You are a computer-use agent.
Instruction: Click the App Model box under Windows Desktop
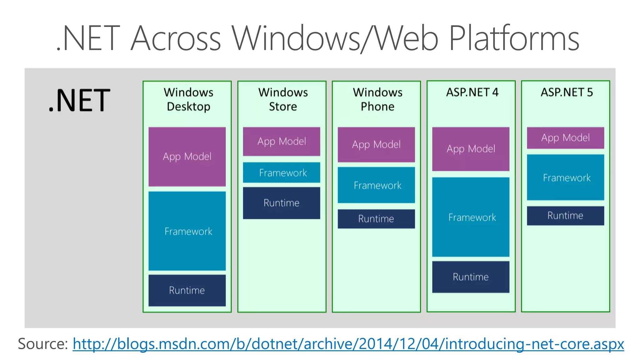(x=187, y=157)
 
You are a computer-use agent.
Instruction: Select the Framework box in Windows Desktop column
(x=187, y=231)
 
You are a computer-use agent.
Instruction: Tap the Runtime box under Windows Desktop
(x=187, y=290)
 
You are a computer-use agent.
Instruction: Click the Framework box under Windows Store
(x=282, y=172)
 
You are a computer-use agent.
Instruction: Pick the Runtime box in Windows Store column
(x=282, y=203)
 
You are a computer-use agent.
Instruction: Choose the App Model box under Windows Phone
(x=376, y=144)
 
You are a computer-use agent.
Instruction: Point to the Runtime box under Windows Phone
(x=376, y=219)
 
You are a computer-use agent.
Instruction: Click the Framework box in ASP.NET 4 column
(x=471, y=217)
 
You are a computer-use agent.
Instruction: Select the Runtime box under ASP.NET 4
(x=471, y=277)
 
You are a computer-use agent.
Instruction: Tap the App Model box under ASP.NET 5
(x=565, y=138)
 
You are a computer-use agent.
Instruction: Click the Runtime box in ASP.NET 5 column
(x=565, y=216)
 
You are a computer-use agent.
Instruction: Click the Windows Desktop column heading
(x=188, y=99)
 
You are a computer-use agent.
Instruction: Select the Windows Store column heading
(x=283, y=99)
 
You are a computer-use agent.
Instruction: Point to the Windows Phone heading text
(x=377, y=99)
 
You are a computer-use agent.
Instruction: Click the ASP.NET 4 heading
(x=472, y=92)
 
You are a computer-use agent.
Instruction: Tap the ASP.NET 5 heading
(x=567, y=92)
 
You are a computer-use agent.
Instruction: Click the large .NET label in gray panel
(x=79, y=101)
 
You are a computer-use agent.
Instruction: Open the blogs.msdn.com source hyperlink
(x=348, y=344)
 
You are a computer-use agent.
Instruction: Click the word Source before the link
(x=42, y=344)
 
